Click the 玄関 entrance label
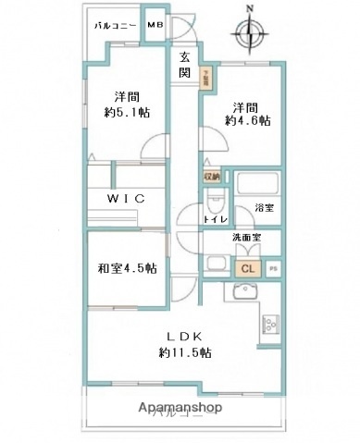[x=186, y=64]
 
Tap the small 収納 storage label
[x=212, y=176]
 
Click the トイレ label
[x=215, y=219]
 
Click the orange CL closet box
[x=247, y=269]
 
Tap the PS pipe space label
[x=272, y=269]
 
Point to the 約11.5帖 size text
[x=184, y=353]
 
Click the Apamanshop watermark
[x=180, y=407]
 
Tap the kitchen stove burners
[x=272, y=325]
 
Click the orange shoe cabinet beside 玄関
[x=205, y=77]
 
